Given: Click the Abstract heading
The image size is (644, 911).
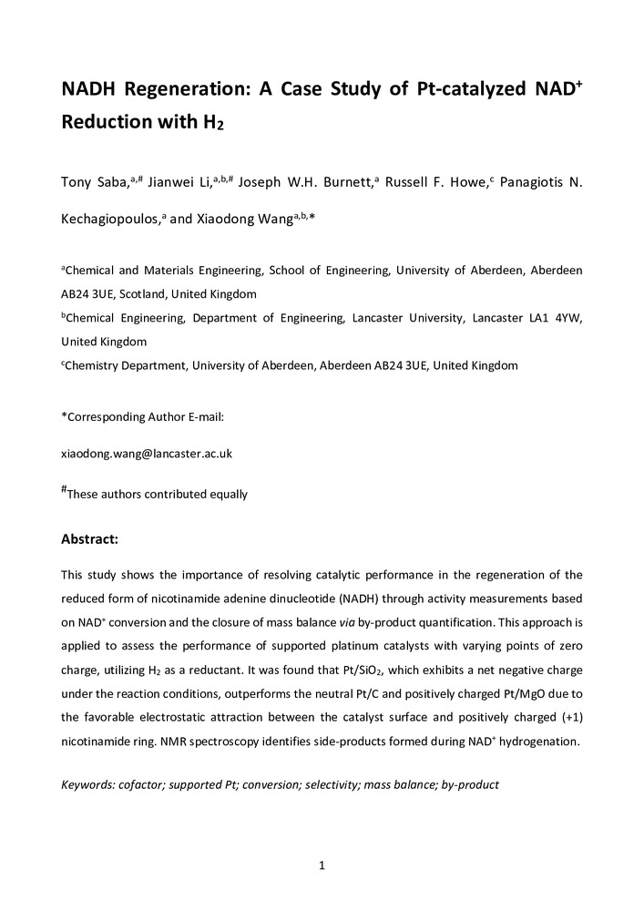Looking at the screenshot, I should pos(89,539).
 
